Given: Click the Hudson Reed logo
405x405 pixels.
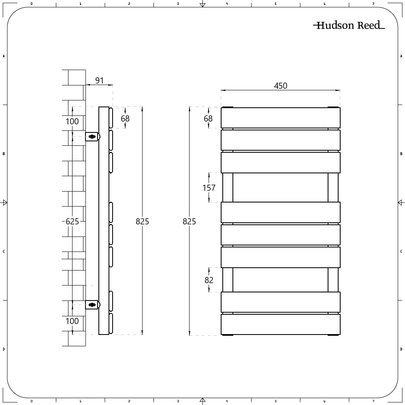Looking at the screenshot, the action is [x=349, y=25].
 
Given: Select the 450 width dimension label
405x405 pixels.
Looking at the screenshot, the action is [x=281, y=86].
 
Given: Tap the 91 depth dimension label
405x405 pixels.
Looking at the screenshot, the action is [x=100, y=80].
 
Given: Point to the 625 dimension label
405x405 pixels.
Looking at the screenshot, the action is [x=72, y=222].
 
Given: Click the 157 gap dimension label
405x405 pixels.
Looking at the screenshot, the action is [x=209, y=188].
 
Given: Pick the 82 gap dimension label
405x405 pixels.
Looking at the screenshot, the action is [x=209, y=280].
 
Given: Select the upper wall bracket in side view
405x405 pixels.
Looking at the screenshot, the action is [x=92, y=136].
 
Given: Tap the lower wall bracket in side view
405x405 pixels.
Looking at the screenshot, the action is [x=92, y=305].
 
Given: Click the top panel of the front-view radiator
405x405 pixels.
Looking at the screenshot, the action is [x=281, y=118].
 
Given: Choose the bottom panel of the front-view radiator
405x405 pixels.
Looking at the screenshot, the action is [x=281, y=324].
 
